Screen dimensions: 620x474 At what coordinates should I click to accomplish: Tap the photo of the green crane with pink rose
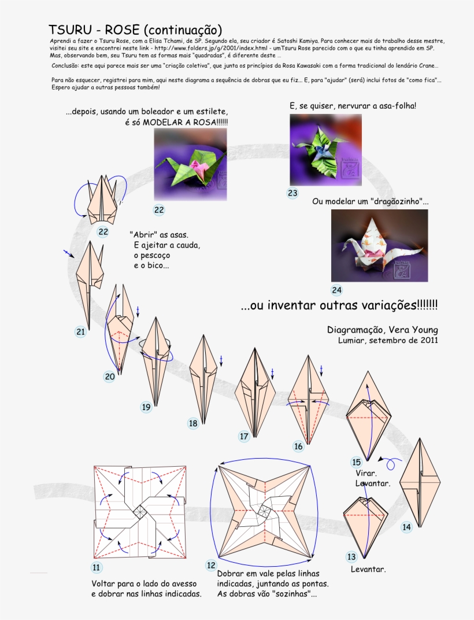pos(190,164)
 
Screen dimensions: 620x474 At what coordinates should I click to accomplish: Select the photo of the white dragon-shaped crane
pos(379,245)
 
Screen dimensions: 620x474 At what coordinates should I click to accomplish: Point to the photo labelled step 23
pos(325,150)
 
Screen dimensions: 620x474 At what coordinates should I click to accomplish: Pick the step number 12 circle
pos(211,564)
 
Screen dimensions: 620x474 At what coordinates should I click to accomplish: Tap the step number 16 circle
pos(298,446)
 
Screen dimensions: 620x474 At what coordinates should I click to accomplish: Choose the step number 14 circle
pos(407,526)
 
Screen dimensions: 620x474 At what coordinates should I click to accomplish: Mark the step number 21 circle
pos(80,331)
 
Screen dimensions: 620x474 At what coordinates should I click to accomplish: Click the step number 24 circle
pos(336,290)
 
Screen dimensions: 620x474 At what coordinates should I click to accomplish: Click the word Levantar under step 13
pos(368,569)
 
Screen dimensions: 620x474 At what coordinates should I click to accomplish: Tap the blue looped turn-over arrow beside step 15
pos(391,462)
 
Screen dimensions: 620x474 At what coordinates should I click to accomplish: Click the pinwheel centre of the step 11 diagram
pos(140,512)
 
